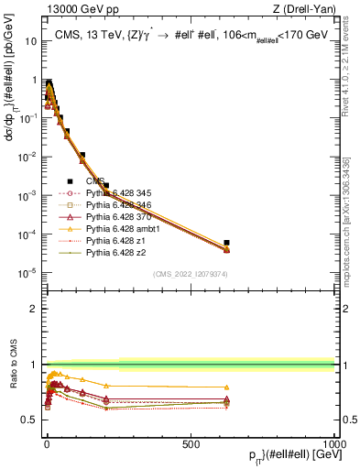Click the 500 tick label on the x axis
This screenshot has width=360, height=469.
pyautogui.click(x=191, y=442)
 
